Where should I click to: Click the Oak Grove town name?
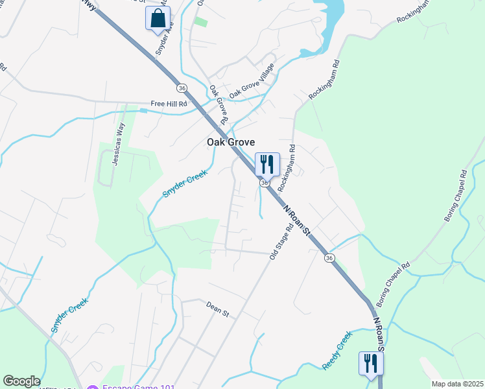click(230, 142)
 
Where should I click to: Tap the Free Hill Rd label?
click(169, 104)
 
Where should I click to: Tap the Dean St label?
click(218, 309)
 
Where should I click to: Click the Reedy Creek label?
click(337, 351)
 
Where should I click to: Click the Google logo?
click(21, 381)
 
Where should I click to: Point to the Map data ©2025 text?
click(456, 384)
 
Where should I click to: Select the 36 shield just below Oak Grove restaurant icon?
click(265, 183)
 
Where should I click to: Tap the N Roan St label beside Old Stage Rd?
click(299, 221)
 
